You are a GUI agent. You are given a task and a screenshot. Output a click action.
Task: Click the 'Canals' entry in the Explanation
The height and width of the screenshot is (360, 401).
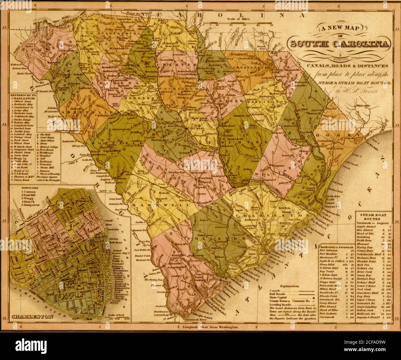pyautogui.click(x=275, y=291)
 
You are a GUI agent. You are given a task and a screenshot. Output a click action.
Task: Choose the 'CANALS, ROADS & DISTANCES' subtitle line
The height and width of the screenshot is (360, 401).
pyautogui.click(x=338, y=66)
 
